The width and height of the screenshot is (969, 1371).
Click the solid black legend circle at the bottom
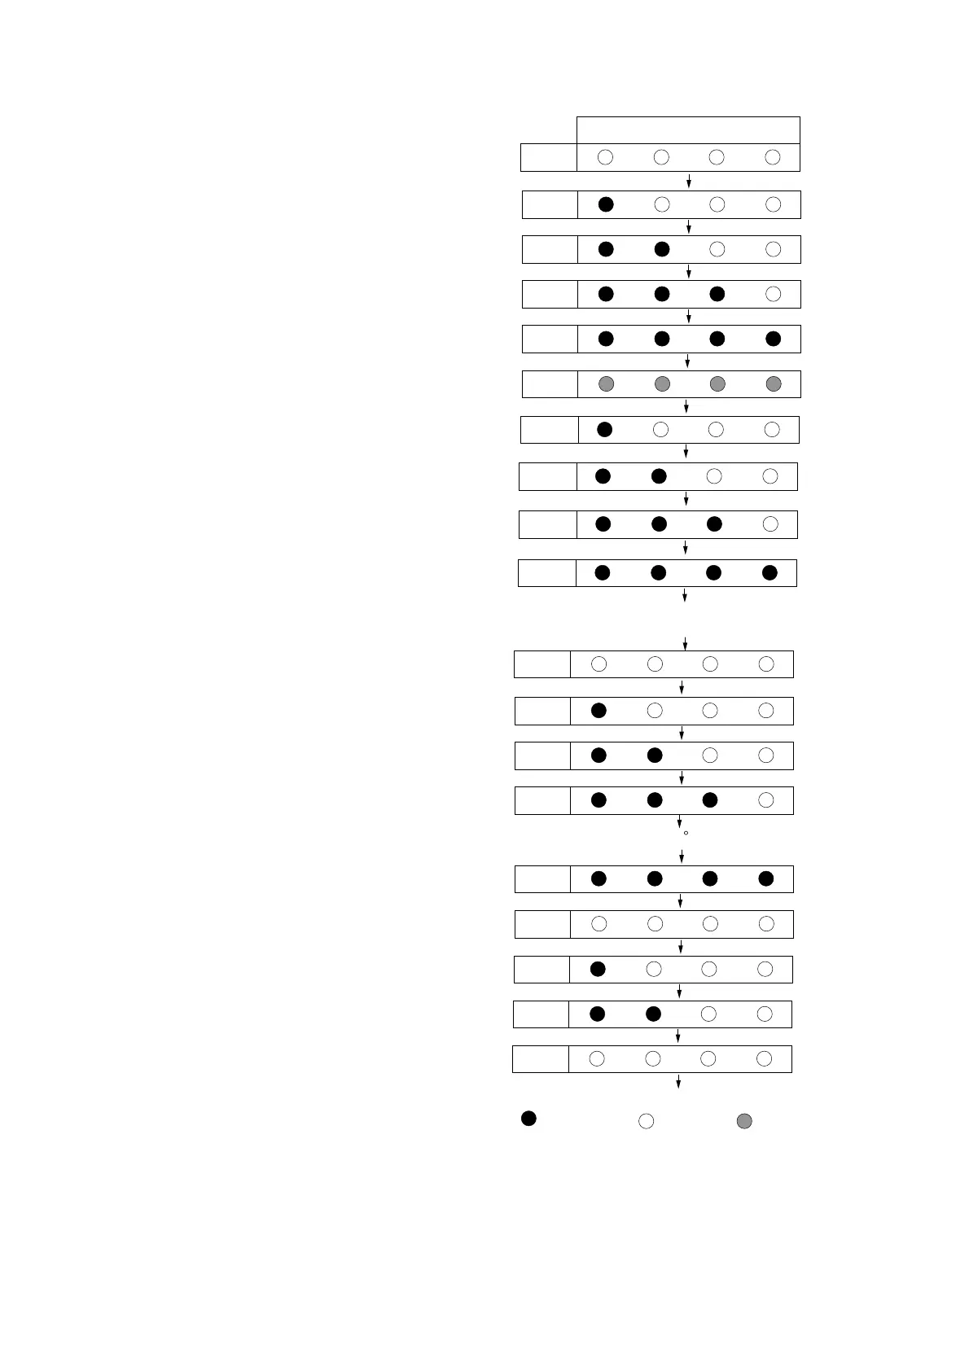[528, 1119]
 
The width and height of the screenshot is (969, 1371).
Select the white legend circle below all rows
[646, 1121]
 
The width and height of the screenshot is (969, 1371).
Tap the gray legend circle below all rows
[744, 1121]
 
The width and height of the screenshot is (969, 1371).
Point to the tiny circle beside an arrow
[686, 833]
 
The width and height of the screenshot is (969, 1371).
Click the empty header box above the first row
[688, 130]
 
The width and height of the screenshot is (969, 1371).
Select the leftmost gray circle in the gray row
[606, 383]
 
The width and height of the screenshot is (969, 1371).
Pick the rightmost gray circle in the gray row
[774, 383]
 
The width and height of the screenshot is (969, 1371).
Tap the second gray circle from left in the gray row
[662, 383]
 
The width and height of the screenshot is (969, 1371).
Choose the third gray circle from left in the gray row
[717, 383]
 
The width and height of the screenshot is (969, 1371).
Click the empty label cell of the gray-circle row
[550, 383]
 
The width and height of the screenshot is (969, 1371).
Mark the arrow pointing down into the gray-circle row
[689, 361]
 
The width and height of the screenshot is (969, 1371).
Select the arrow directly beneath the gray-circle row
[686, 406]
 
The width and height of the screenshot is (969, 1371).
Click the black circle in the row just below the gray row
[604, 429]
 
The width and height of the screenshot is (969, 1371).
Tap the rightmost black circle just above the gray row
[774, 339]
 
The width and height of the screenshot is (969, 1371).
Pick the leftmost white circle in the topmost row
[605, 157]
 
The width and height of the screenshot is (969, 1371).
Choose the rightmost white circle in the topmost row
[773, 157]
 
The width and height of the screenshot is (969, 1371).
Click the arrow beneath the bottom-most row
[678, 1081]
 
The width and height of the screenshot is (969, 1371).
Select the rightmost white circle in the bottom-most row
[764, 1058]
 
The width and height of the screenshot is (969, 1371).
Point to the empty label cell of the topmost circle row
[549, 157]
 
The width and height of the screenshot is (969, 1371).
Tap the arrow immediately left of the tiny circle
[679, 822]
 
